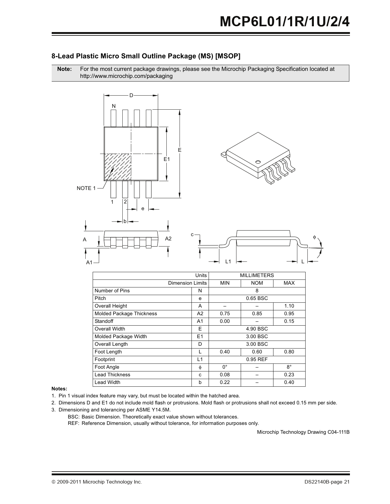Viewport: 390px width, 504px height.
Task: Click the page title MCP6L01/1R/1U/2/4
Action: (x=284, y=22)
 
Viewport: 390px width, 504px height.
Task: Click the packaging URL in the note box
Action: (x=126, y=76)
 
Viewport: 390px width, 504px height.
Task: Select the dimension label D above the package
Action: (x=131, y=96)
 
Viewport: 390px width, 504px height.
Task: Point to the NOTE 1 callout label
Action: (x=86, y=188)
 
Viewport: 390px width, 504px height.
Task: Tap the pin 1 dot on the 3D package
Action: (x=258, y=162)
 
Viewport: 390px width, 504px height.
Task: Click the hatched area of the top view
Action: (x=118, y=167)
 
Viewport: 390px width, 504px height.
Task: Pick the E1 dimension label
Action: (x=166, y=159)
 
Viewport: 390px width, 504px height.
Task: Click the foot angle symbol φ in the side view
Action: (x=314, y=237)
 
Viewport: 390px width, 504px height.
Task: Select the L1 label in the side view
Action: (x=228, y=261)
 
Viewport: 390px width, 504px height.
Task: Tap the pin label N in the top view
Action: (x=114, y=106)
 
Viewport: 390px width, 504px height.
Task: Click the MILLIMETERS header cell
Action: (x=257, y=275)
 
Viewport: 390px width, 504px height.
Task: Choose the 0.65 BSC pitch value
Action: (x=257, y=298)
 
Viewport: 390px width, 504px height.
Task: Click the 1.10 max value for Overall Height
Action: (x=289, y=306)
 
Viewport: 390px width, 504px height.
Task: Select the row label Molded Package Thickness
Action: (x=126, y=313)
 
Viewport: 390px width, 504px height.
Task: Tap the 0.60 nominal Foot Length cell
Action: (x=257, y=352)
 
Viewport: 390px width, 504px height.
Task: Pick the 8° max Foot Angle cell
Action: (x=289, y=367)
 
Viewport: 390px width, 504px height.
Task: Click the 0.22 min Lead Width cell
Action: (x=225, y=382)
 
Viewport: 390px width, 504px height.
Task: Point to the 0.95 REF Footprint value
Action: (x=257, y=359)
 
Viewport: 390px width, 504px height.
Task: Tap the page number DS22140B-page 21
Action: (x=327, y=482)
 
